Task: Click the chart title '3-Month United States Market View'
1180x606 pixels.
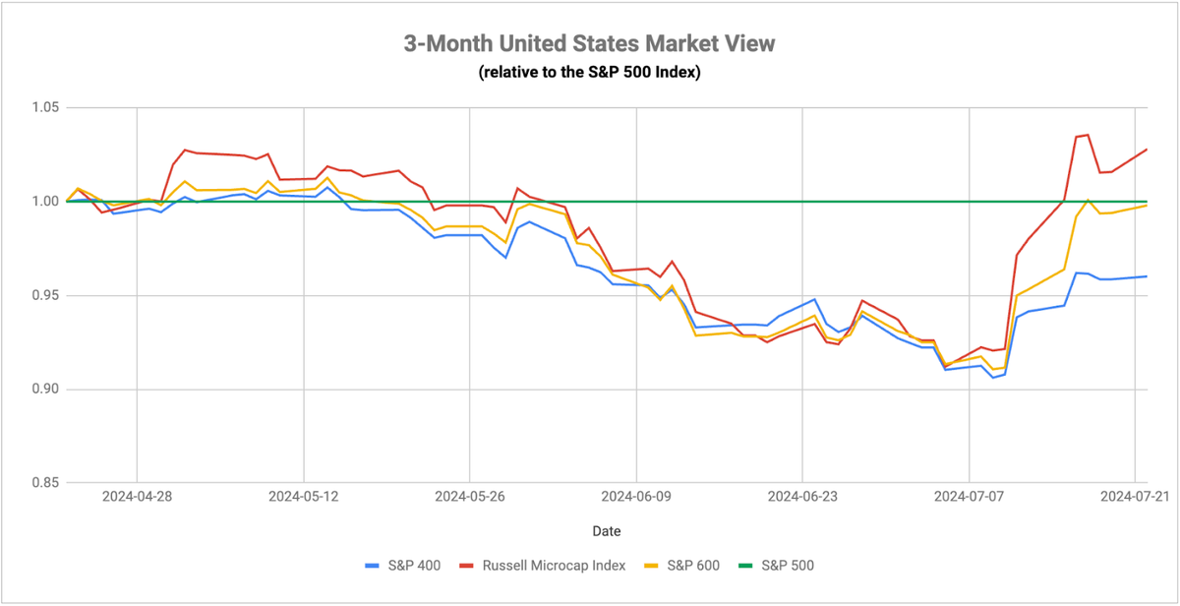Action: tap(589, 43)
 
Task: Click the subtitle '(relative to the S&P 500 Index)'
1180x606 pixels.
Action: tap(589, 72)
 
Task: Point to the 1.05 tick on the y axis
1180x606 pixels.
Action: tap(45, 107)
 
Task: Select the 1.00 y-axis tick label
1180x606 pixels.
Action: tap(45, 202)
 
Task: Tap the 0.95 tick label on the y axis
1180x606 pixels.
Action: tap(45, 295)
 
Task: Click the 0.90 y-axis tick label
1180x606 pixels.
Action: tap(45, 389)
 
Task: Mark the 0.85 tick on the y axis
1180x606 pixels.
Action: tap(45, 483)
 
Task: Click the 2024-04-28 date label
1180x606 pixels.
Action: tap(137, 497)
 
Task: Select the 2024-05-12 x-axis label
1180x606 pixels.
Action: tap(304, 497)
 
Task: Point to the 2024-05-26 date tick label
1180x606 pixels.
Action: tap(470, 497)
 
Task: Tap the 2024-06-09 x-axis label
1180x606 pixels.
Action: tap(636, 497)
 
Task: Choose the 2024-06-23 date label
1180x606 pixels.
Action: tap(802, 497)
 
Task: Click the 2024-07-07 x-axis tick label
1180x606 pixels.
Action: tap(970, 497)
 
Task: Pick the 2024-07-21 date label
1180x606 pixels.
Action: tap(1135, 497)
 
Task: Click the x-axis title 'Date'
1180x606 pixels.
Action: tap(607, 531)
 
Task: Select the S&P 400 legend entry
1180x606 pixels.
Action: tap(403, 566)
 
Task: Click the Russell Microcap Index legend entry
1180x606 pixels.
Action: tap(543, 566)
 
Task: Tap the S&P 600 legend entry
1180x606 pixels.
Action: tap(681, 566)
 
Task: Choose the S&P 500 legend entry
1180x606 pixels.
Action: tap(776, 566)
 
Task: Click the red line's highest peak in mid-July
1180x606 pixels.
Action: tap(1088, 135)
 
